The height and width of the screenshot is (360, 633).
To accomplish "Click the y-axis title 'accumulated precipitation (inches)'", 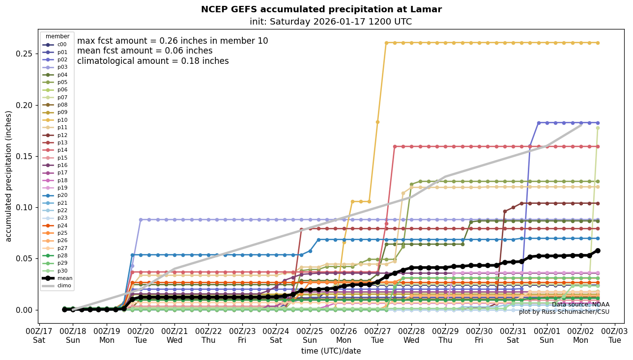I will click(9, 176).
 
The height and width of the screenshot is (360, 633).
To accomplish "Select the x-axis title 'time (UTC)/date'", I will click(331, 351).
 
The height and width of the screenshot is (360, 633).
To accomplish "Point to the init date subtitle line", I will click(331, 22).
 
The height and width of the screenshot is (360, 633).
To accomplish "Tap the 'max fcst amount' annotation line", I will click(173, 41).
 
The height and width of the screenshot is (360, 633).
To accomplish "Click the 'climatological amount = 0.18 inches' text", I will click(153, 61).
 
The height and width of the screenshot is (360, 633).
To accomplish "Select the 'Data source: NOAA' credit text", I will click(580, 305).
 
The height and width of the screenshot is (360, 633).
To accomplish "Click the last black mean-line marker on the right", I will click(598, 250).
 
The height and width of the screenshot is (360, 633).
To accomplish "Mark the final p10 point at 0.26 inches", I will click(598, 43).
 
